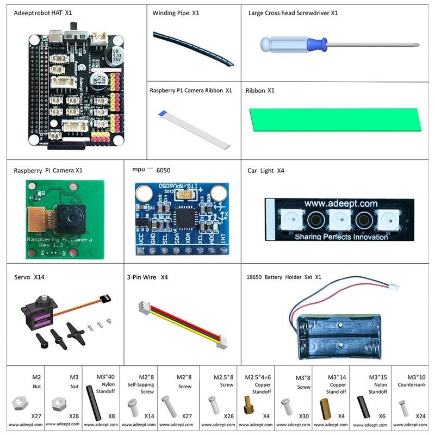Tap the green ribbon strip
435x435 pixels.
(x=334, y=119)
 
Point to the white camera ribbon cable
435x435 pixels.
(x=195, y=129)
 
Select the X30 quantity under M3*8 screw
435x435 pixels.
(x=304, y=416)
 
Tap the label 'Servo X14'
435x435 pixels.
(x=29, y=277)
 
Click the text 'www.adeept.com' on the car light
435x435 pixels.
(x=341, y=203)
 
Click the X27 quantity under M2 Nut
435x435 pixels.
(x=36, y=416)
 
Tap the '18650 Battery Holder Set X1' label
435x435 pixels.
(x=284, y=277)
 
